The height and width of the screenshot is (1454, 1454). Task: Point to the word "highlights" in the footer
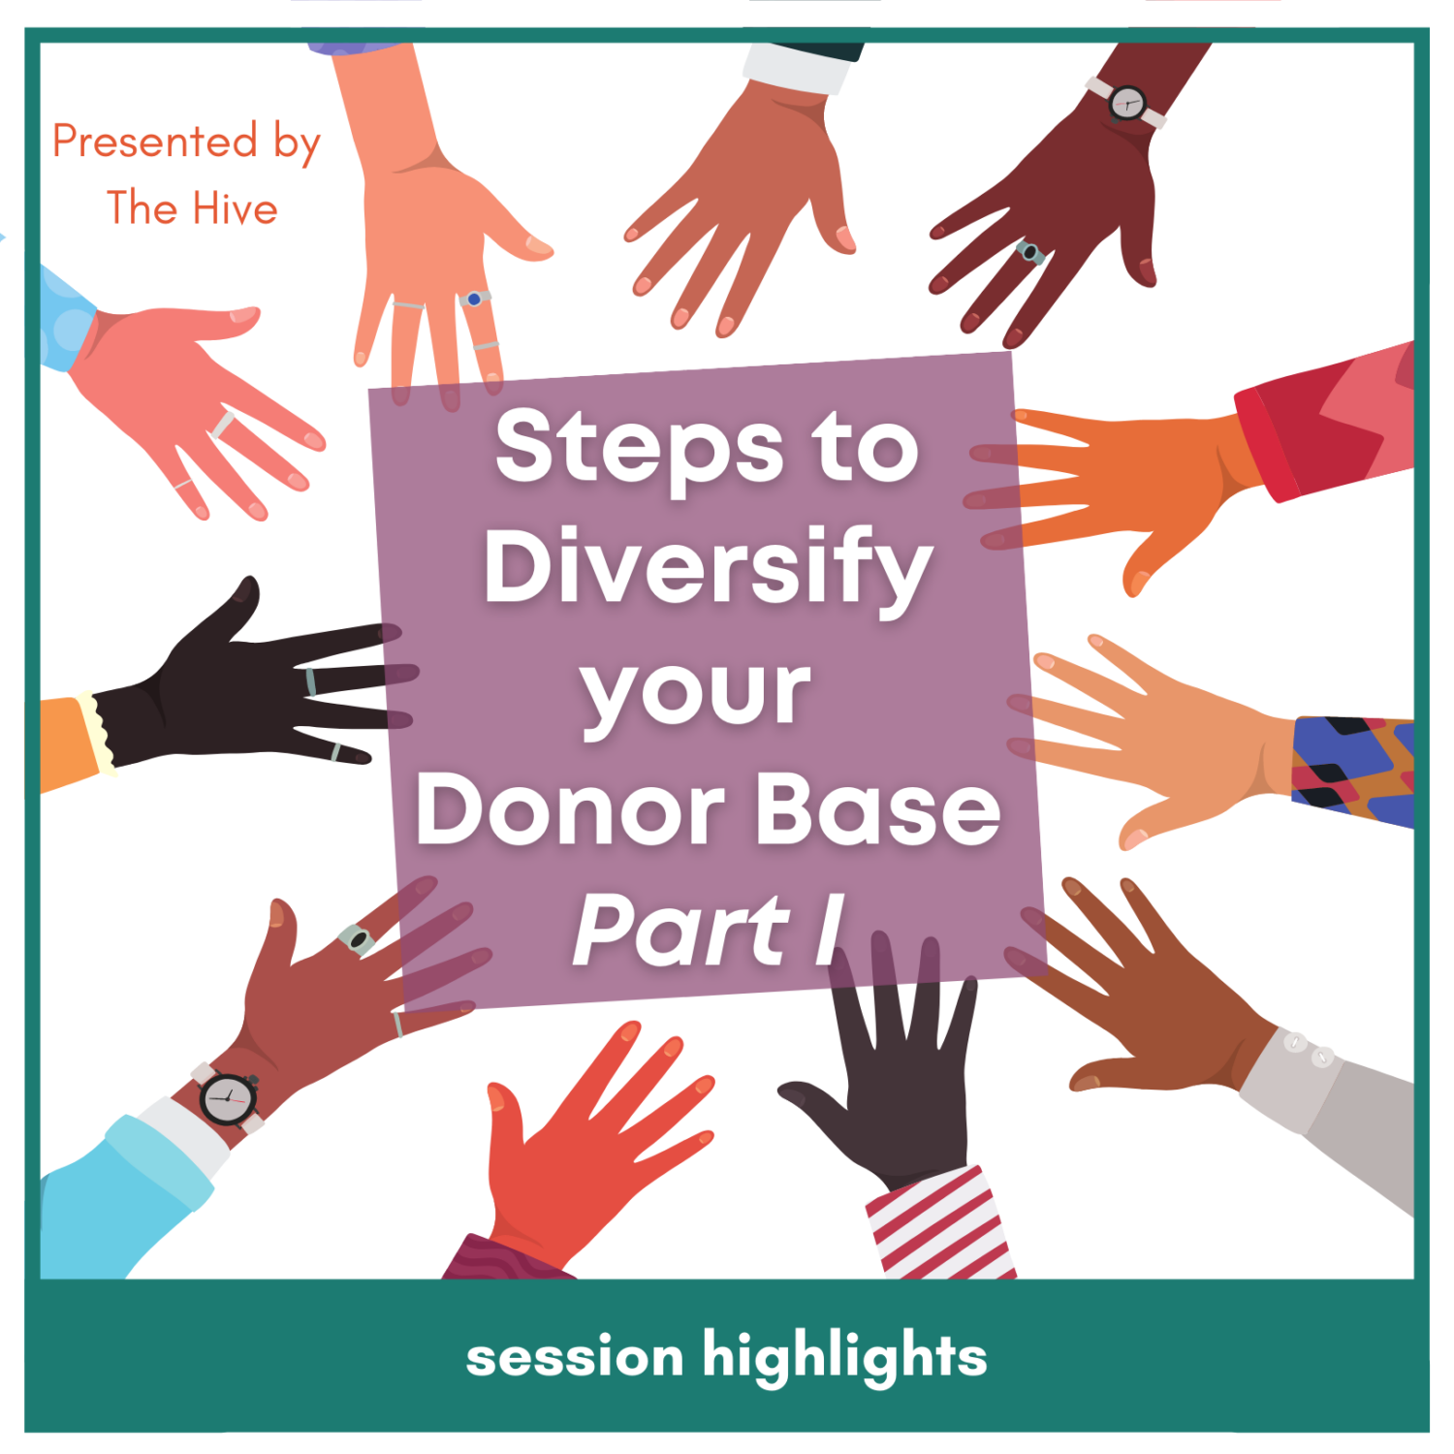click(844, 1357)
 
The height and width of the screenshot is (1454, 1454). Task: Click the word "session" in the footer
click(575, 1357)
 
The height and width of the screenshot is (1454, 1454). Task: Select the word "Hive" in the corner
click(235, 209)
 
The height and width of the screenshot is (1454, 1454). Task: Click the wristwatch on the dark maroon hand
click(1127, 102)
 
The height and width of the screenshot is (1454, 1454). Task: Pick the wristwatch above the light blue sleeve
click(229, 1099)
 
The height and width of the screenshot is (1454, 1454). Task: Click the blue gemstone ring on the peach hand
click(474, 299)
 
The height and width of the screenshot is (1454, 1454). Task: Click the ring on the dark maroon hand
click(1029, 253)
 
